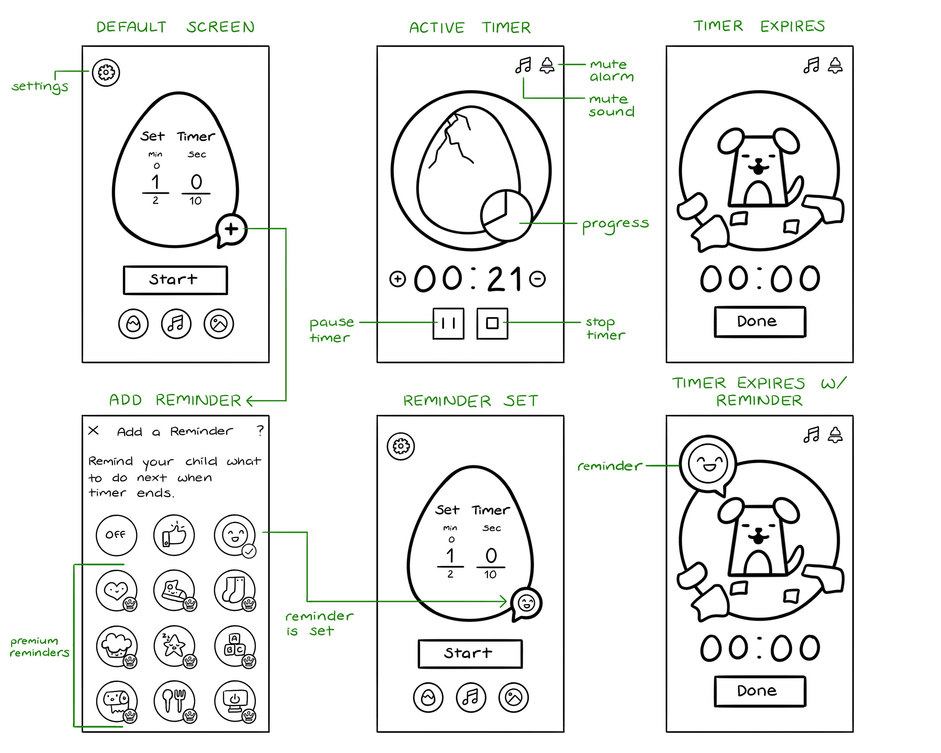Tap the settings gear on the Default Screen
(106, 73)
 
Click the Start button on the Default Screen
(175, 280)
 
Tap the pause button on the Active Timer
(448, 324)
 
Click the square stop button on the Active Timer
(492, 324)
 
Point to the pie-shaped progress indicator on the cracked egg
(506, 214)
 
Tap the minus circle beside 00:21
(537, 279)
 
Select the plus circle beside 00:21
(398, 279)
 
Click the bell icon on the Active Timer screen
(547, 66)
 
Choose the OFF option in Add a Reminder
(116, 535)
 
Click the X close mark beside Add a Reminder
(93, 431)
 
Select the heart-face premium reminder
(116, 591)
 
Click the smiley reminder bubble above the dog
(707, 464)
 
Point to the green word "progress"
(615, 225)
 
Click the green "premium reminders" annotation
(39, 647)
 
